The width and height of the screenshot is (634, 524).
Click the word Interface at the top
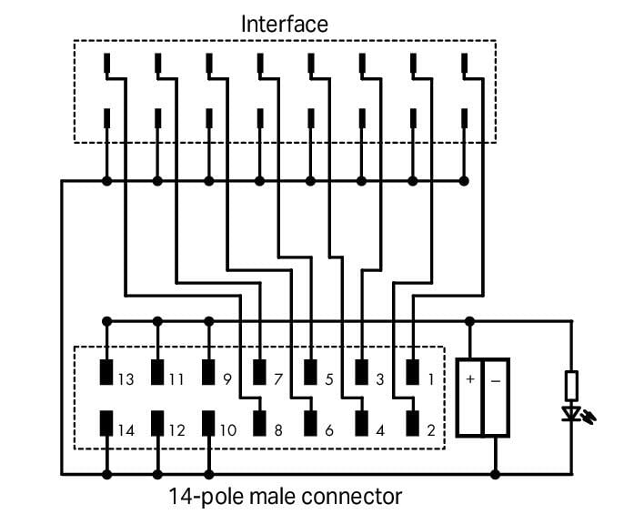284,24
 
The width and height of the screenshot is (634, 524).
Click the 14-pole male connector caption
285,497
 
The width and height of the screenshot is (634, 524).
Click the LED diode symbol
572,415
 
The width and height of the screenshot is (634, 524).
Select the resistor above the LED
572,386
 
